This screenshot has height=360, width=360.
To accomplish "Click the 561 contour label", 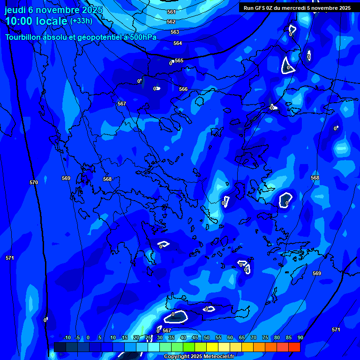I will point(171,12).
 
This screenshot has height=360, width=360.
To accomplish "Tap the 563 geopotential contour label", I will point(175,32).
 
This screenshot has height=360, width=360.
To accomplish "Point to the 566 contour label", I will point(183,89).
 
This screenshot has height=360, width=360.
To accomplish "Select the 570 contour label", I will point(33,182).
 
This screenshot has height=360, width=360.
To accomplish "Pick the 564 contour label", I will point(178,43).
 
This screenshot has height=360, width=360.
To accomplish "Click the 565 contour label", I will point(179,60).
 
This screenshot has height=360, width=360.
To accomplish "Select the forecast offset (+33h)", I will point(81,21).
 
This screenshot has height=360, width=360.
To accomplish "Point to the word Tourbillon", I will point(23,37).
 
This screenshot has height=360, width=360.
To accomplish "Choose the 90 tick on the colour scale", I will point(300,337).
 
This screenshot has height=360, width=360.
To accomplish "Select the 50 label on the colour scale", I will point(207,337).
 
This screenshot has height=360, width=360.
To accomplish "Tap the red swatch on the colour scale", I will point(294,347).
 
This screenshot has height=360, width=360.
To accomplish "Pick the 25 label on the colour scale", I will point(148,337).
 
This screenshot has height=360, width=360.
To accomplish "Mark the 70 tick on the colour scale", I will point(254,337).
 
